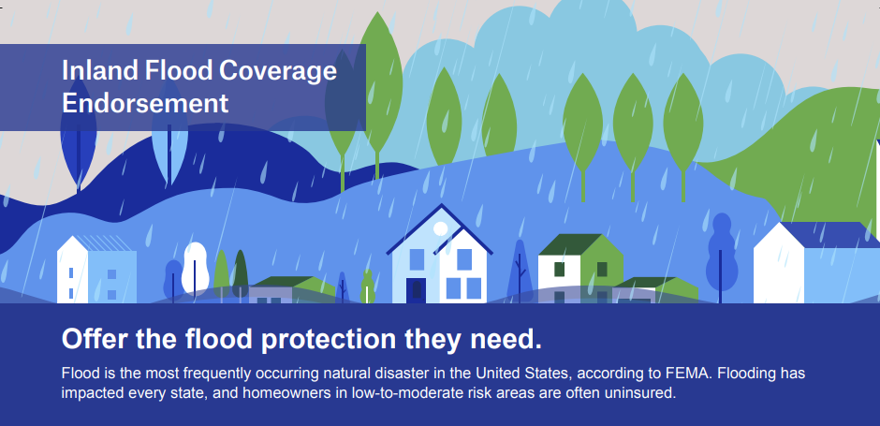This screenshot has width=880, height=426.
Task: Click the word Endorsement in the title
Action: (145, 103)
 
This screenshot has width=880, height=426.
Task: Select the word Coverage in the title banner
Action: (278, 71)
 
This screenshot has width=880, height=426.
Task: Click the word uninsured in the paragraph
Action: (639, 393)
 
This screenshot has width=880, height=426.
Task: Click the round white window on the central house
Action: (441, 228)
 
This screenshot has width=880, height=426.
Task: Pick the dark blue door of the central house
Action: (416, 290)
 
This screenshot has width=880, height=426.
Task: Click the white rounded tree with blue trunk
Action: (196, 270)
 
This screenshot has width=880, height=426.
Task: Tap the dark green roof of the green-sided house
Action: (569, 244)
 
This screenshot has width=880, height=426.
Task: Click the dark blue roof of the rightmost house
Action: (829, 235)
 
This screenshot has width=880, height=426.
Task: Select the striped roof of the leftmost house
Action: (104, 243)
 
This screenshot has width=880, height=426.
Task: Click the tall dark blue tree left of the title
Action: (78, 135)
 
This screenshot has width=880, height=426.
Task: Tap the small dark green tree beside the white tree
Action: (241, 273)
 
